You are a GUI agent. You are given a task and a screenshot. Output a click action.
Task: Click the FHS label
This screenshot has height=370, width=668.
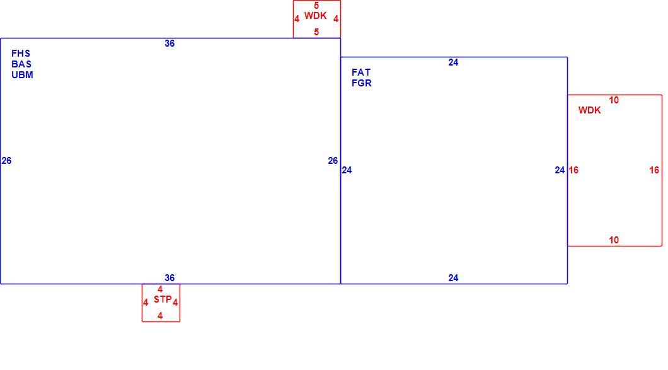coord(21,54)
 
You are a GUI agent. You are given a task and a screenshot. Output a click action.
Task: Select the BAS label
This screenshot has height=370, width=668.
coord(21,64)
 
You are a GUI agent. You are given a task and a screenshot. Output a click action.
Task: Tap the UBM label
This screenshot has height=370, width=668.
coord(22,75)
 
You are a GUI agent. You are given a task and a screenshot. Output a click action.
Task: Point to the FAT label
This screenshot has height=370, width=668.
coord(361,72)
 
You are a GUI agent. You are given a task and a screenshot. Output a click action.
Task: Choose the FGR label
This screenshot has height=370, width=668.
coord(362,83)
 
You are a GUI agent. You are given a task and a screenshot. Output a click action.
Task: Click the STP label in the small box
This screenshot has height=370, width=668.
coord(163,299)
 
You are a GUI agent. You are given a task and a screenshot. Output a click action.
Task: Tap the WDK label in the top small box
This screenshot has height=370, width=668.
coord(316,16)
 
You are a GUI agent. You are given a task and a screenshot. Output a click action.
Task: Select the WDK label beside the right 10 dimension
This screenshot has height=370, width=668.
coord(590,110)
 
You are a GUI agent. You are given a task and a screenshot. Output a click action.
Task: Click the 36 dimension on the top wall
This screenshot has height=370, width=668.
coord(170,43)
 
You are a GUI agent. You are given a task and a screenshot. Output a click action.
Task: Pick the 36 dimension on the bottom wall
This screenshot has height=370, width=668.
coord(170,278)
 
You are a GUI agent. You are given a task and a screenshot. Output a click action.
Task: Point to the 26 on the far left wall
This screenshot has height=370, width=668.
coord(6,161)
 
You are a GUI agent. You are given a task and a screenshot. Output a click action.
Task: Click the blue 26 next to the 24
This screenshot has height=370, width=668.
coord(333,161)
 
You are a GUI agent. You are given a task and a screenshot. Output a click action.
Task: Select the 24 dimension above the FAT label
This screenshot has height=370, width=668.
coord(453,62)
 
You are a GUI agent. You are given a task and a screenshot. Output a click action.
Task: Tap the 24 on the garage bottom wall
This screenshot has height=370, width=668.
coord(453,278)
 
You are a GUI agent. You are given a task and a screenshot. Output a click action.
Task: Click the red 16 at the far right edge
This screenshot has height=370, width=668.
coord(654,170)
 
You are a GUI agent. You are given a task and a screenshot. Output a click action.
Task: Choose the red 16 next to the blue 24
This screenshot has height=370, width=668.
coord(573,170)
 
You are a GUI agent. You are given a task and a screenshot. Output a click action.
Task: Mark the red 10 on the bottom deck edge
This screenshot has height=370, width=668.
coord(614,240)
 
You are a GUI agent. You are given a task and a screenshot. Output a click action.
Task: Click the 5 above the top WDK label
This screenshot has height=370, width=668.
coord(316,6)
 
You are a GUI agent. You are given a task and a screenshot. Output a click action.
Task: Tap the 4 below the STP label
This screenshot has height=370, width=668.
coord(160,316)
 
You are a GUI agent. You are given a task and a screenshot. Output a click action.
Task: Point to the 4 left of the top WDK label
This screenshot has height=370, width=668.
coord(297,19)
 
